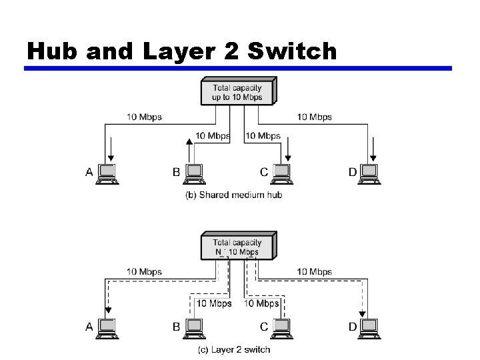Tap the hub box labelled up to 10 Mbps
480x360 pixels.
237,92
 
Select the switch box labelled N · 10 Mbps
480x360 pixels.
237,247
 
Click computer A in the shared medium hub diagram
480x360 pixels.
107,173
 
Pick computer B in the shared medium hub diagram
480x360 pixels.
194,173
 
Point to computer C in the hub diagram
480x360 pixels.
283,173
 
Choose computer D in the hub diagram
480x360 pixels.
370,173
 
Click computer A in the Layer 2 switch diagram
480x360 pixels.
107,327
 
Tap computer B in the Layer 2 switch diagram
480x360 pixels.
194,327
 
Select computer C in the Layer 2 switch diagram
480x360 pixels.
283,327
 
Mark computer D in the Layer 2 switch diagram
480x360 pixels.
370,327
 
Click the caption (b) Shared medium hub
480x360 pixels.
233,195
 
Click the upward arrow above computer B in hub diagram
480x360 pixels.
189,141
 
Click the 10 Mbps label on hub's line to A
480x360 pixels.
145,117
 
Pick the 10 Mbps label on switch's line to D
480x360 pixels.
315,271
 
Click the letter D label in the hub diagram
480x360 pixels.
353,172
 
